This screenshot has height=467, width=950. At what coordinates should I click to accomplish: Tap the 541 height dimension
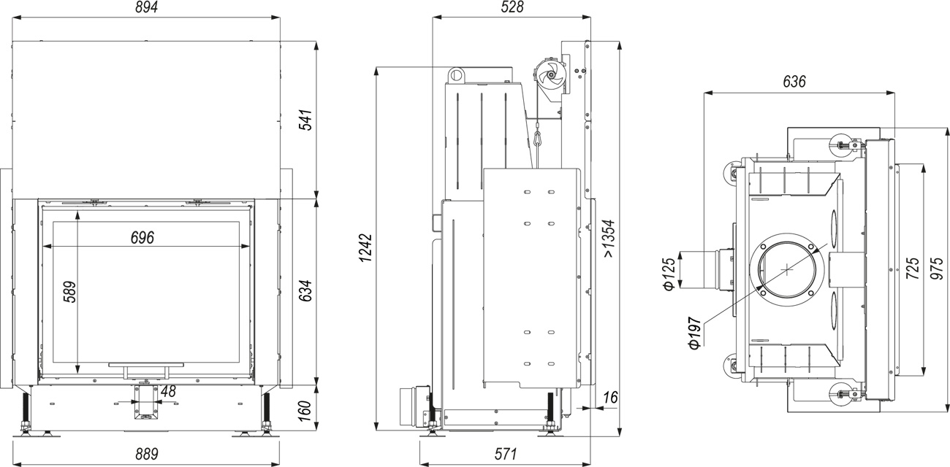click(306, 120)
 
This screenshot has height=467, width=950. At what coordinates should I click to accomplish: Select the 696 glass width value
click(142, 238)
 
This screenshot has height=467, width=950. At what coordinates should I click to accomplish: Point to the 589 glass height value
click(69, 292)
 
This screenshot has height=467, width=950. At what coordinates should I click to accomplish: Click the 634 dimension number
click(306, 290)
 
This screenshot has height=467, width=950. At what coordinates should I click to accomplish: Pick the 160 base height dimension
click(305, 411)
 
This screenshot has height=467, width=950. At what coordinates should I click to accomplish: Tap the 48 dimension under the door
click(168, 391)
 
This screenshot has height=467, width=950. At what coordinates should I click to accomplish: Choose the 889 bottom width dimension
click(147, 455)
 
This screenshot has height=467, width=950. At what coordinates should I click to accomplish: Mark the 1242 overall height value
click(365, 247)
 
